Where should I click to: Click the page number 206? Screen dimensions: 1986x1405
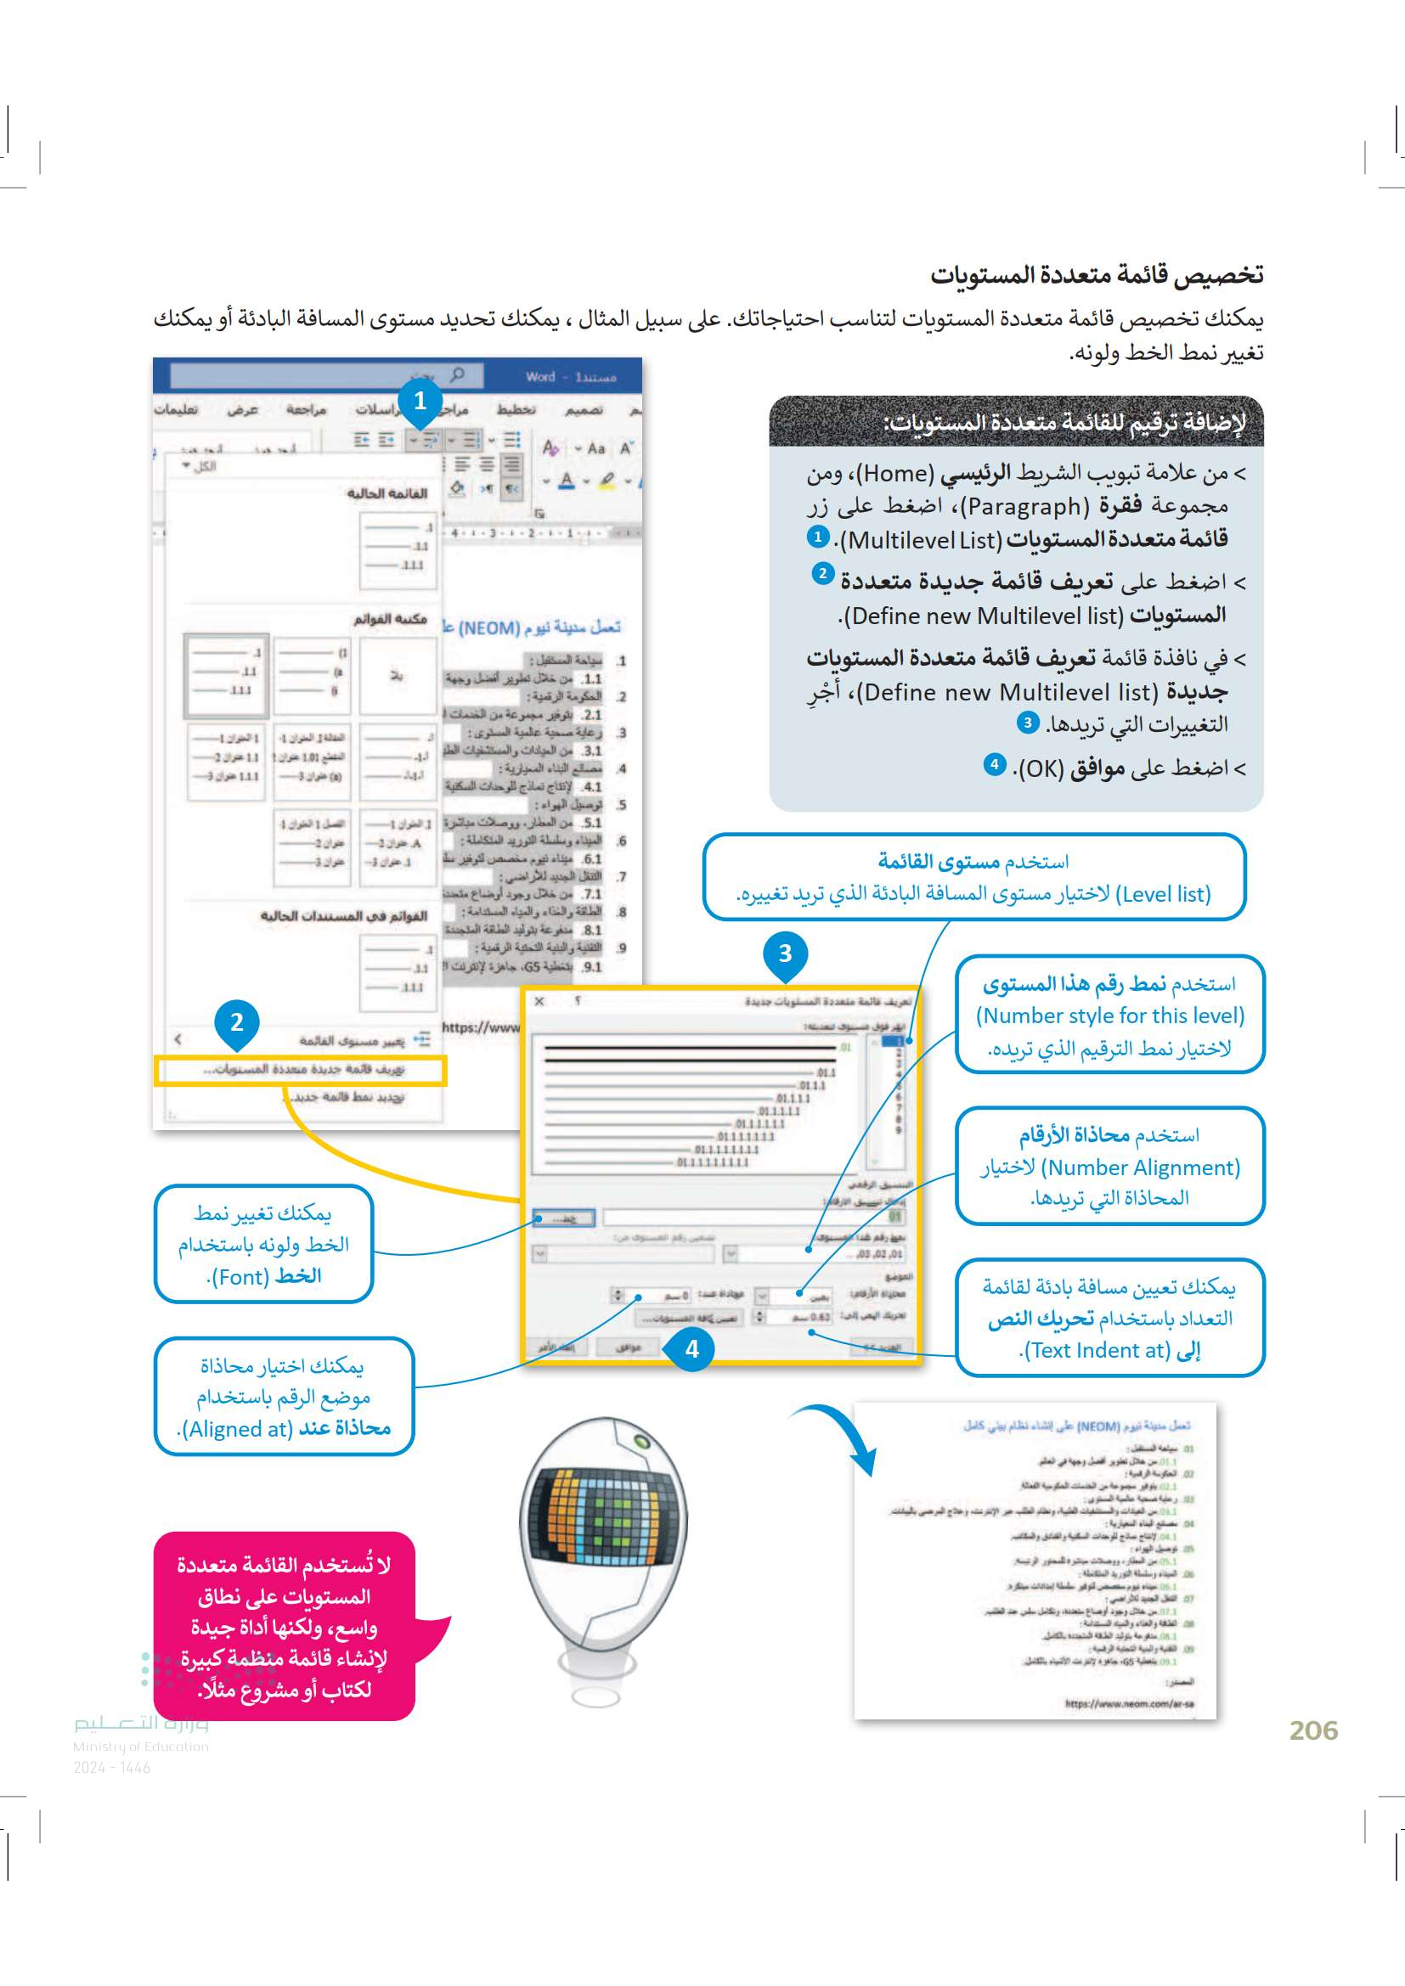1312,1730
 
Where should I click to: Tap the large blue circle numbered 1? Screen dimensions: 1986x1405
420,402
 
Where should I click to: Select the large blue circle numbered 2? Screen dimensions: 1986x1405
236,1022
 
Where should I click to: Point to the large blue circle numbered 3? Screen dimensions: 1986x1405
785,954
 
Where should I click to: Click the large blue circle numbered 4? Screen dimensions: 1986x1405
691,1348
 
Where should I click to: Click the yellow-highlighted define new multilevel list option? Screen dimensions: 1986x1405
301,1070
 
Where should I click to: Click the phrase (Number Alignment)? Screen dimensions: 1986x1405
1140,1167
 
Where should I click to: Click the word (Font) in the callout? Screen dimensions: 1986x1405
240,1277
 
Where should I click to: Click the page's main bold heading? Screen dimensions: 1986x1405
1096,275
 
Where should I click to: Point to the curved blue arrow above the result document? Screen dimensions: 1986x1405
839,1432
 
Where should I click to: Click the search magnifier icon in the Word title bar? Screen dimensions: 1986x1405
458,375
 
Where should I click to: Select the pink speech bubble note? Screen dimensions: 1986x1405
285,1626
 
